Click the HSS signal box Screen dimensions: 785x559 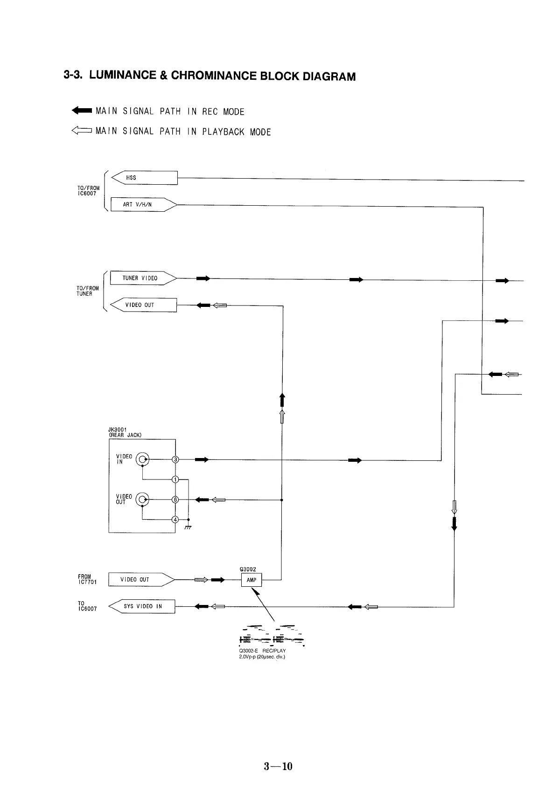[x=145, y=178]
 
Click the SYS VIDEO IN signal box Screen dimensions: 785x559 [x=142, y=606]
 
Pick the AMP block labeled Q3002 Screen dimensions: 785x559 [x=252, y=580]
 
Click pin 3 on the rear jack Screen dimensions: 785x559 [x=175, y=460]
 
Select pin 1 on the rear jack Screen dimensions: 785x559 [x=175, y=479]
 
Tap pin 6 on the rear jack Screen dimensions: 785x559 [x=175, y=500]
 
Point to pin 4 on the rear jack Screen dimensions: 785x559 [x=175, y=520]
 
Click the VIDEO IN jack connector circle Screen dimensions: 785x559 [x=142, y=460]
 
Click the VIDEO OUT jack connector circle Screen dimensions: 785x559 [x=142, y=500]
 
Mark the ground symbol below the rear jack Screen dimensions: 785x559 [x=189, y=527]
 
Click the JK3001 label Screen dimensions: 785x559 [x=117, y=430]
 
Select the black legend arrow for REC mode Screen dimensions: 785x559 [x=82, y=111]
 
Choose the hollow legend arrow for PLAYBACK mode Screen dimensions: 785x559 [x=82, y=131]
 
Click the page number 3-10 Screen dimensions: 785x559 [x=278, y=766]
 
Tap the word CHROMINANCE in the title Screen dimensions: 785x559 [x=214, y=76]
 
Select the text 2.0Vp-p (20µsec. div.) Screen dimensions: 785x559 [x=262, y=657]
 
